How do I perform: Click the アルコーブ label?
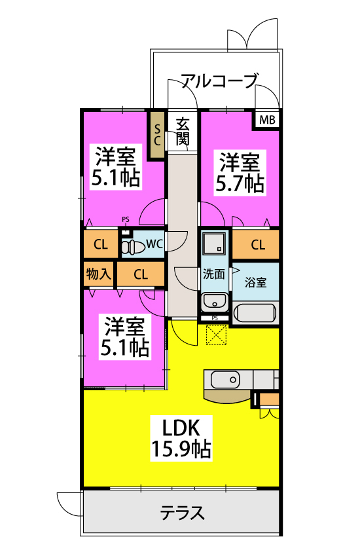coord(220,81)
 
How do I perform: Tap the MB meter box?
coord(267,120)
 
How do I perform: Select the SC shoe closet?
coord(157,135)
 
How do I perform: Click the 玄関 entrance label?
coord(183,132)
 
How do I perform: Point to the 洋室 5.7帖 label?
coord(240,172)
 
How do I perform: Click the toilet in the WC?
coord(133,246)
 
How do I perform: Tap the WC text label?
coord(154,244)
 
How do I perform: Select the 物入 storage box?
coord(99,274)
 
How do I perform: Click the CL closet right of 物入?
coord(141,274)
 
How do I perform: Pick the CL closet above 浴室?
coord(256,244)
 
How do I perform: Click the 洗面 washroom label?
coord(213,274)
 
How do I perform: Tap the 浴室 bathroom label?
coord(255,282)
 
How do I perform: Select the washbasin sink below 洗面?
coord(214,302)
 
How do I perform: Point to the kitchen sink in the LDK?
coord(225,380)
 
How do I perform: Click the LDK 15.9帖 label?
coord(181,438)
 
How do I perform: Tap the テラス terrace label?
coord(182,513)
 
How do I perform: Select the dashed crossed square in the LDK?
coord(216,335)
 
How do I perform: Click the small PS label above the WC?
coord(126,219)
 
